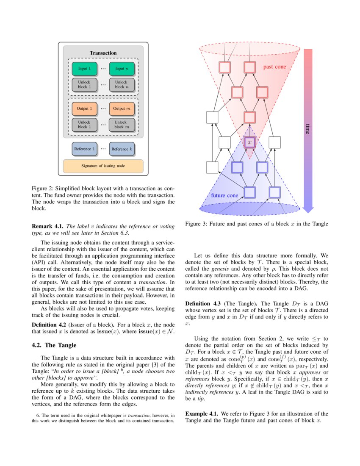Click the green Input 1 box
(84, 69)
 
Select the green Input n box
(122, 69)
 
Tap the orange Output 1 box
(84, 108)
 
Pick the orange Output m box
(122, 108)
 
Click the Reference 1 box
(84, 149)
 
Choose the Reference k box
(122, 149)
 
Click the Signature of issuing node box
(103, 166)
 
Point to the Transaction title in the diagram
(103, 53)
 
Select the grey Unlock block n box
(122, 84)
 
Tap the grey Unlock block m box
(122, 125)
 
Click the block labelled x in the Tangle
(249, 142)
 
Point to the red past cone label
(274, 67)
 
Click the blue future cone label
(224, 195)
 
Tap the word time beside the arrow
(308, 129)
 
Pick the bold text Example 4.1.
(201, 413)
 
